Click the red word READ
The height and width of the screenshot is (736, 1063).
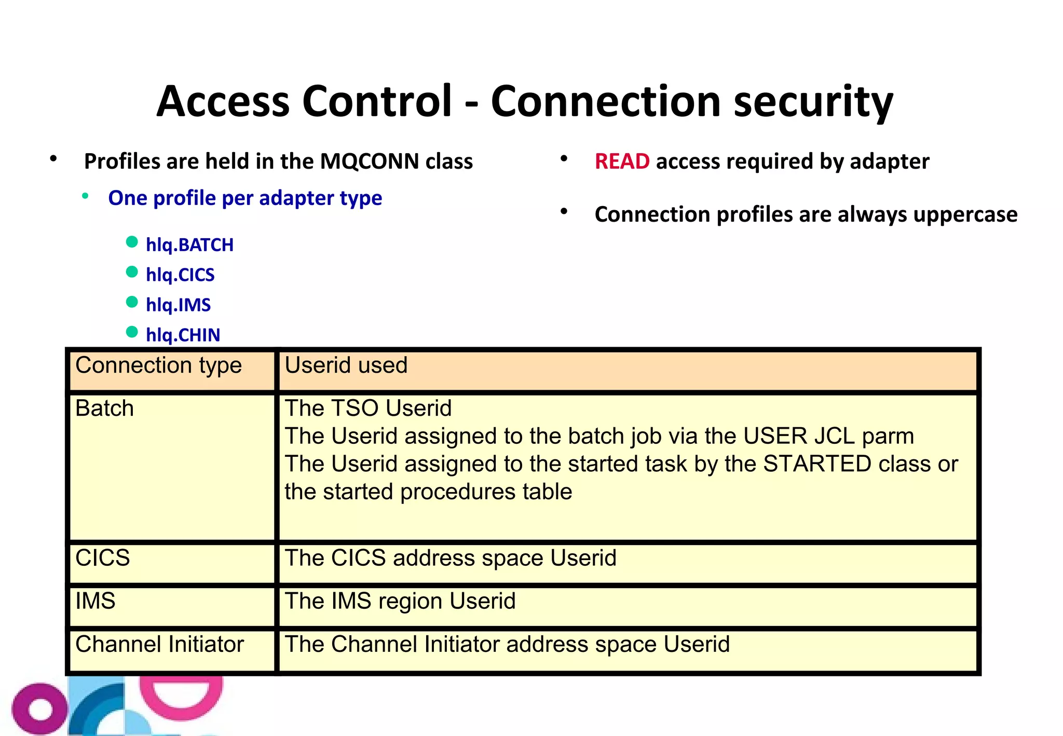[622, 161]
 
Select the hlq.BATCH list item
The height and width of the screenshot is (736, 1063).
[189, 244]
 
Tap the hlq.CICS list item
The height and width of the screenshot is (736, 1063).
[180, 275]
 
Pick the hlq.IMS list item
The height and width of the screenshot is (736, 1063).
[178, 305]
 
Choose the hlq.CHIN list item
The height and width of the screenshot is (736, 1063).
[183, 335]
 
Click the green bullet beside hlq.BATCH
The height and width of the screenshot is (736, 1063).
[132, 242]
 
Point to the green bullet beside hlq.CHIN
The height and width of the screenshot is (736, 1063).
[132, 332]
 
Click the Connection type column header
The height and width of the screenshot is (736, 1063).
[158, 365]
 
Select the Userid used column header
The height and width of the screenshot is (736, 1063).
[346, 365]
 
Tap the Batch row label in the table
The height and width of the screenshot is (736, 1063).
[104, 408]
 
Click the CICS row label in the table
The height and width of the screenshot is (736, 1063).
[102, 558]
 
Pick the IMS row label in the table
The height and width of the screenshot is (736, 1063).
[95, 601]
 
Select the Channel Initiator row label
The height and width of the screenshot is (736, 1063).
[159, 644]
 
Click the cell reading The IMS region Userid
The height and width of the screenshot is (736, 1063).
[400, 601]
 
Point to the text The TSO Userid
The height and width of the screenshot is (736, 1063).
[368, 408]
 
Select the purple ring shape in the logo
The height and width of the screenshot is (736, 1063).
[40, 709]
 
